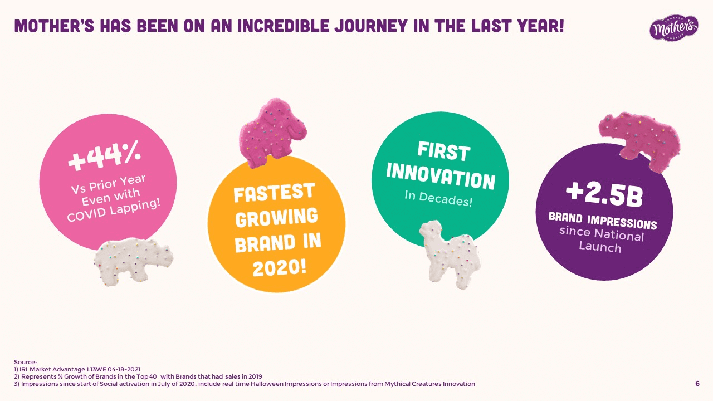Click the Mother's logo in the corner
[674, 28]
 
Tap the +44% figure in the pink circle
[104, 155]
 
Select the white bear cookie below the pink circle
[133, 262]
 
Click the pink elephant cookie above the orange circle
[273, 133]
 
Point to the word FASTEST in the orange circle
[275, 192]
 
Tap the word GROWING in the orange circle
[277, 218]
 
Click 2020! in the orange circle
[280, 268]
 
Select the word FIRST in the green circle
[444, 151]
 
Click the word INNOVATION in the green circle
[441, 177]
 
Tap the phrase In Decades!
[438, 199]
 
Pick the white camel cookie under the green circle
[449, 254]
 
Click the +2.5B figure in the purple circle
[604, 195]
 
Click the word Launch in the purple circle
[600, 247]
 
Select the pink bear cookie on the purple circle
[640, 140]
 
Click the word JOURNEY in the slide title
[371, 26]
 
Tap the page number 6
[697, 384]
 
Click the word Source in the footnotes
[25, 362]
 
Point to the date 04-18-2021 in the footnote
[124, 369]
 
